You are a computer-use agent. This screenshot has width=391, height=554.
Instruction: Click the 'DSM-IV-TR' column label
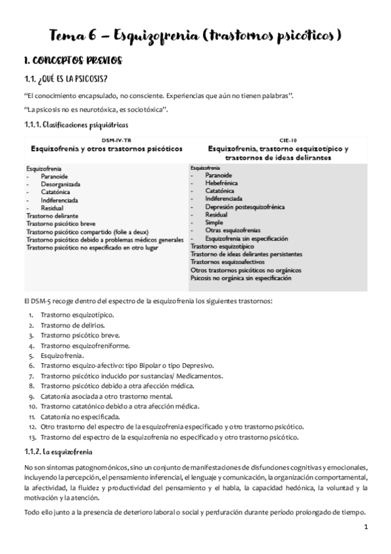(106, 140)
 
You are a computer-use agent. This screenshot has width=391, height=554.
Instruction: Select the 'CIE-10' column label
(277, 140)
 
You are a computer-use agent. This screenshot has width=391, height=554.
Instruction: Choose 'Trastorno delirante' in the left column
(52, 215)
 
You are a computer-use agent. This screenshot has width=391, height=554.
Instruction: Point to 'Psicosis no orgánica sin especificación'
(240, 278)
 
